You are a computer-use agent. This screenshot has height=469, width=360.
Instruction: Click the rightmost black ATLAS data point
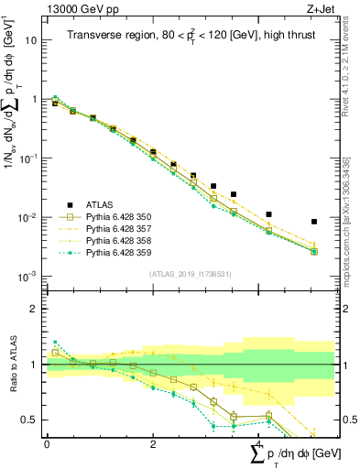point(314,222)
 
